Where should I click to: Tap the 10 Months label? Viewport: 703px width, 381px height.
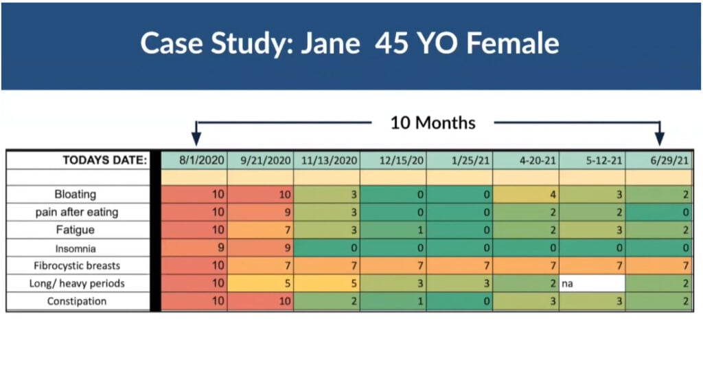(x=433, y=123)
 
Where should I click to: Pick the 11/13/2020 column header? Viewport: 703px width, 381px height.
(x=327, y=160)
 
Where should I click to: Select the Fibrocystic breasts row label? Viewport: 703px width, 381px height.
(x=76, y=265)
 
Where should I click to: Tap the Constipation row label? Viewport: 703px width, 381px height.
(x=76, y=301)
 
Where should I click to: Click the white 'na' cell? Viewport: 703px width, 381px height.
(x=592, y=283)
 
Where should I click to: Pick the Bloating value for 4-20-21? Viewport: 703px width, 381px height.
(x=526, y=195)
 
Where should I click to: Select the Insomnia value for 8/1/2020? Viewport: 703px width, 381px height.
(x=194, y=248)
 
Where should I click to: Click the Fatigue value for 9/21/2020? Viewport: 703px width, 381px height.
(x=260, y=230)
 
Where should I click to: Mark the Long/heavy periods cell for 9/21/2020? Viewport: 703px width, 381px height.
(x=260, y=283)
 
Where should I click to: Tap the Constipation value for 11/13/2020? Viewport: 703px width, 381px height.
(x=327, y=301)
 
